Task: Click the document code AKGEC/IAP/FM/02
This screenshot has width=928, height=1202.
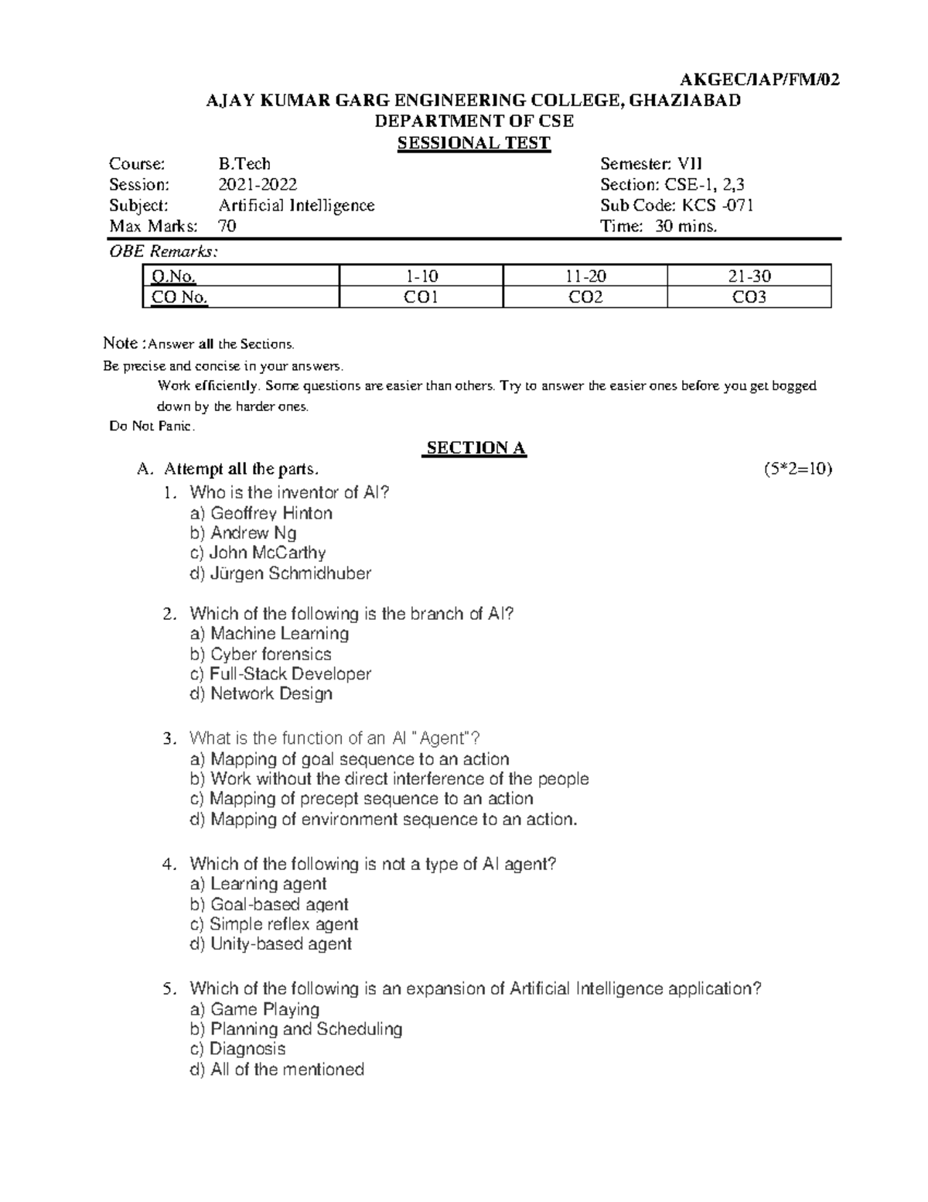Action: (x=758, y=80)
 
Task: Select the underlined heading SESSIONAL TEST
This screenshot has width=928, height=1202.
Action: (x=473, y=142)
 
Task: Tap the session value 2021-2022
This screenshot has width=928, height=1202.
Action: (x=258, y=184)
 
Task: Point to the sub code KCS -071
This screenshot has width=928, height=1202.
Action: (x=717, y=205)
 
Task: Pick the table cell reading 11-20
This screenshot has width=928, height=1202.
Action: (x=585, y=276)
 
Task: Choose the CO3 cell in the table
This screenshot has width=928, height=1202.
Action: (x=749, y=297)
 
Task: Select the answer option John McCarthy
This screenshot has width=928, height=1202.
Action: (x=267, y=553)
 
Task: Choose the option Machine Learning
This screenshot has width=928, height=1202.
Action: (x=279, y=634)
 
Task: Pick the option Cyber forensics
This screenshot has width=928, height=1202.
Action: (x=271, y=654)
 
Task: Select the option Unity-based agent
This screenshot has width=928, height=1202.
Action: (x=281, y=944)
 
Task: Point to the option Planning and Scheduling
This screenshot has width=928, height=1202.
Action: (x=306, y=1029)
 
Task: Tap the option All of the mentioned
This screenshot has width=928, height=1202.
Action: (x=287, y=1070)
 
